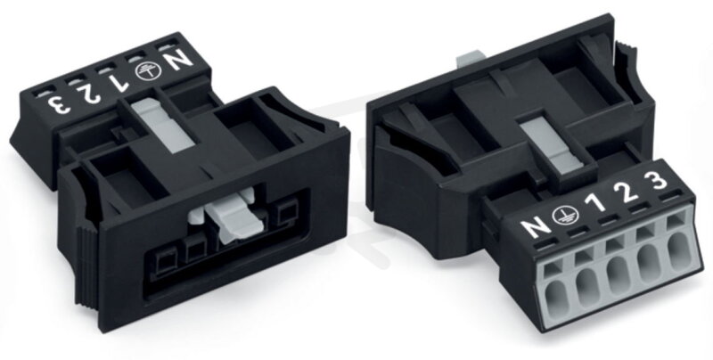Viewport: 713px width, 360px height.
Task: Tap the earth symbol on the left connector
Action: tap(148, 72)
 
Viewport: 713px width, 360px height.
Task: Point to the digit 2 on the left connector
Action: tap(89, 94)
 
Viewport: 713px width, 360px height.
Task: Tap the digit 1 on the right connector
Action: tap(595, 202)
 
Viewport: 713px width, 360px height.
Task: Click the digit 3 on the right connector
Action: tap(656, 181)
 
